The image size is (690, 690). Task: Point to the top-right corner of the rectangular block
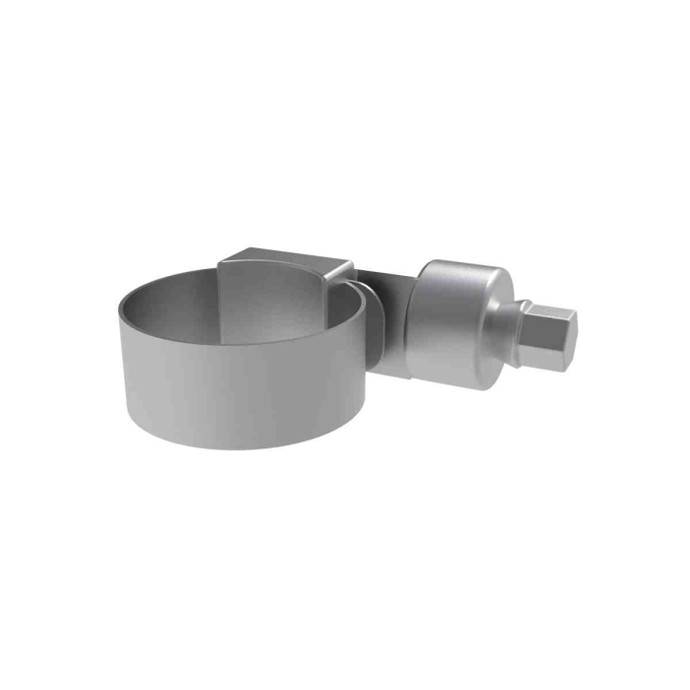coord(353,261)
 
